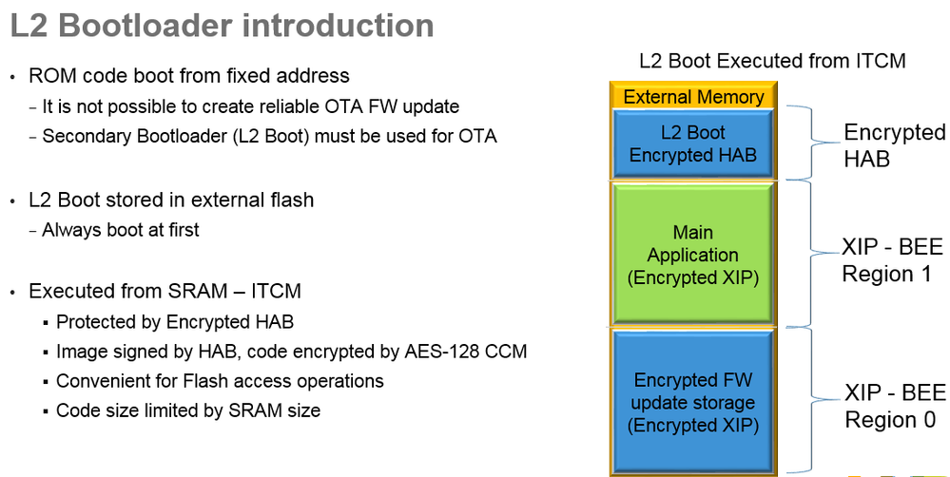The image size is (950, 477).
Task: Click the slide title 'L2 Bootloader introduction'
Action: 223,26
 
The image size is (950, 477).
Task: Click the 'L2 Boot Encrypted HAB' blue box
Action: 693,143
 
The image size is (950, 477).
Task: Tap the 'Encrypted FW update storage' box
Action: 693,403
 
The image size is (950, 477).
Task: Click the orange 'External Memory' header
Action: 693,96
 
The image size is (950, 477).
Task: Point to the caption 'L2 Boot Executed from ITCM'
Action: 772,62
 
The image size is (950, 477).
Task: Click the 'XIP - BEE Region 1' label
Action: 893,261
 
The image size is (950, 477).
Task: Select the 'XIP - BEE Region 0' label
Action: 895,406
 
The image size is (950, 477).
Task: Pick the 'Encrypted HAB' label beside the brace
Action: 894,145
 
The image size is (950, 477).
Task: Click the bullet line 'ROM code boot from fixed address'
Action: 189,76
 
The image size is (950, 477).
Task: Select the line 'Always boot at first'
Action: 121,230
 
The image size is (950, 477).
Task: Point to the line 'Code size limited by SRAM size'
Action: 188,410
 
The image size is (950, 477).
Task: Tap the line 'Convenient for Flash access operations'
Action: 220,381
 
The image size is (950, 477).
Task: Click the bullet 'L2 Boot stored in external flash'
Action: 171,200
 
